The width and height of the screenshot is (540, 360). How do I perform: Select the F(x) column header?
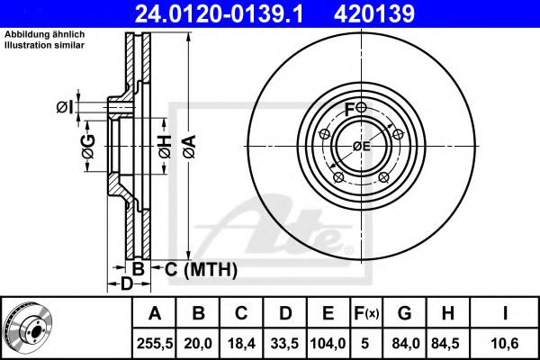pyautogui.click(x=365, y=313)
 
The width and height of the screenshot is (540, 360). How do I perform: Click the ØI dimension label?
pyautogui.click(x=63, y=108)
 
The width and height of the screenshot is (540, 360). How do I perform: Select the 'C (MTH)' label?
pyautogui.click(x=201, y=268)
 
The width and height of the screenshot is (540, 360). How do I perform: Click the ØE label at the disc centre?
pyautogui.click(x=361, y=146)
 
